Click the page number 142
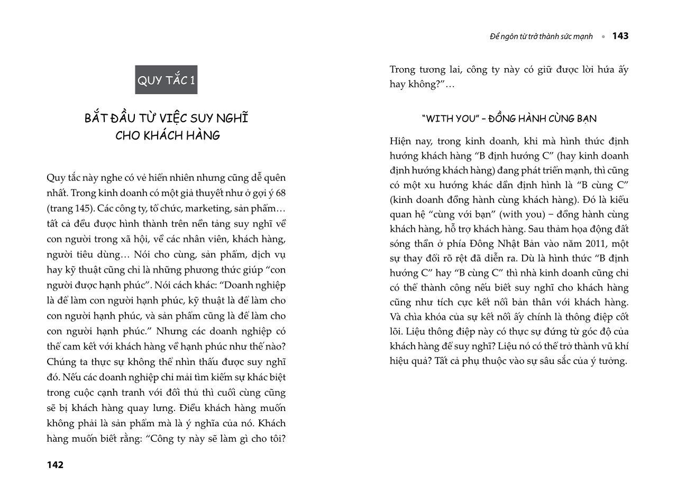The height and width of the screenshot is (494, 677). [x=55, y=465]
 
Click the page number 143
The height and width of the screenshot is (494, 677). [x=620, y=36]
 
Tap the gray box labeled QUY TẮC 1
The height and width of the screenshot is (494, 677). [x=166, y=80]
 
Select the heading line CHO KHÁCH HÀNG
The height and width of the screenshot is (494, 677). [x=168, y=135]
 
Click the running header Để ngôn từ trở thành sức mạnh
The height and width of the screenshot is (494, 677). [x=541, y=36]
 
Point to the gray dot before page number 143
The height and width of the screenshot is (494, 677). [x=603, y=36]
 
